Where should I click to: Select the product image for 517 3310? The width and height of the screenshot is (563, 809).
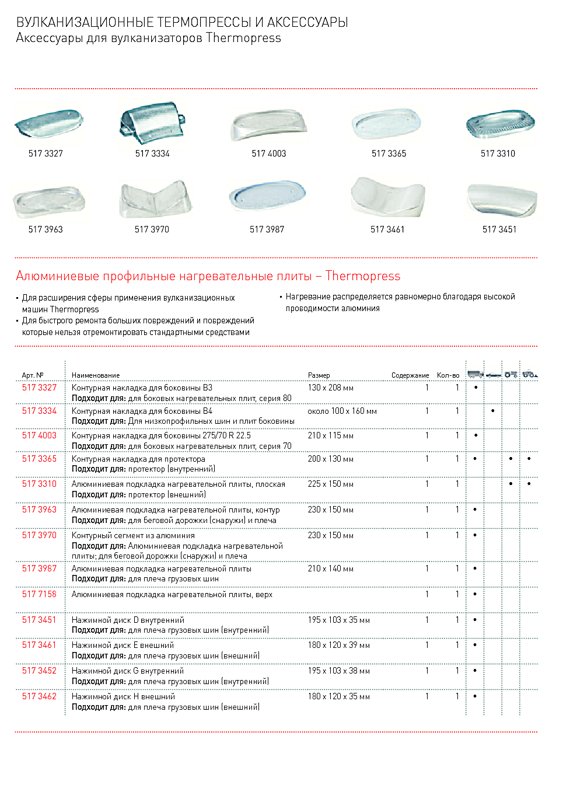[x=500, y=124]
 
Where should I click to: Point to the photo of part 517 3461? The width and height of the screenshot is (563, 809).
[x=387, y=197]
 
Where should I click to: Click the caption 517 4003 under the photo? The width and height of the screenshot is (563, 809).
[x=269, y=154]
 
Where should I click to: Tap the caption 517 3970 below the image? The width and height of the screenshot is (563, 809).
[x=152, y=229]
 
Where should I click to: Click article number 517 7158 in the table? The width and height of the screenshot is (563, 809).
[x=39, y=594]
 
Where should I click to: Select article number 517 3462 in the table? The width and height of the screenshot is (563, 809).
[x=39, y=696]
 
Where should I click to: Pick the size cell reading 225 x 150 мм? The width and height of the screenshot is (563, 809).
[x=330, y=484]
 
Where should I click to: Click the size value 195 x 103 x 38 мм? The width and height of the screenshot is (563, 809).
[x=338, y=671]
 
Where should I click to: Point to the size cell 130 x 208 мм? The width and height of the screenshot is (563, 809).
[x=330, y=388]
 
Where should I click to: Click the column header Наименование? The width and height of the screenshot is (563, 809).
[x=96, y=375]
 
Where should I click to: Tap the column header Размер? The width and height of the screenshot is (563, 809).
[x=319, y=375]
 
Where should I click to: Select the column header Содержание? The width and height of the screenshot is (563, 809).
[x=410, y=375]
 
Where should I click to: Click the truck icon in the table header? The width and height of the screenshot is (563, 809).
[x=475, y=374]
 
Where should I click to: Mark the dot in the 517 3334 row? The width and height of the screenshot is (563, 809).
[x=493, y=411]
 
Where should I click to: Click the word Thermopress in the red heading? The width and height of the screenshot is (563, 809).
[x=363, y=276]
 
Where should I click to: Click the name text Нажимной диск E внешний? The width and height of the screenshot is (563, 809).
[x=123, y=645]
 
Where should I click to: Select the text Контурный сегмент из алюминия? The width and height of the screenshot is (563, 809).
[x=133, y=535]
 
